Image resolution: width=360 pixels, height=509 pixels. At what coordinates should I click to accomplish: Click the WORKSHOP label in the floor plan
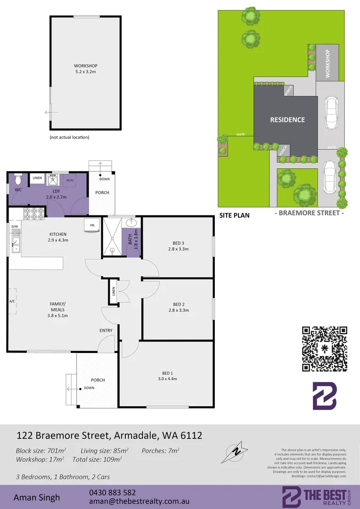coord(85,66)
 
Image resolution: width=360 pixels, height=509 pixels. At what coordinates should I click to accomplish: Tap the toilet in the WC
coord(18,180)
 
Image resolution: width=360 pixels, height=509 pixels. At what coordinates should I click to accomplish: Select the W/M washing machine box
coord(70,180)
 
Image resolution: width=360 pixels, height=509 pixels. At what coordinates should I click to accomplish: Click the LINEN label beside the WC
coord(36,178)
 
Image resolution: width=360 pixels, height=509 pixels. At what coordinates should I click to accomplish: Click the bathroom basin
coord(132,222)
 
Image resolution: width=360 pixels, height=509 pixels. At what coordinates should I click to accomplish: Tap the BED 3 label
coord(178,243)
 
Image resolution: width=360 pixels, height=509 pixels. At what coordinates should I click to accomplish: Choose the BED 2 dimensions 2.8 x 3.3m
coord(178,310)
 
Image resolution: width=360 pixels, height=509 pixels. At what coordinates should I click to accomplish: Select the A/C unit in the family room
coord(13,301)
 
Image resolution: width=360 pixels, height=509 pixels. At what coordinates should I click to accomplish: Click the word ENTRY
coord(106,330)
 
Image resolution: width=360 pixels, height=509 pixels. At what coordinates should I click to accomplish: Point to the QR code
coord(324,349)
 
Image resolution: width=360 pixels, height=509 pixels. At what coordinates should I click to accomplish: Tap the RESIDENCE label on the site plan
coord(287,120)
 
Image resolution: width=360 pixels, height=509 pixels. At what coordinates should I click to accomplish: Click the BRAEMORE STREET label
coord(309,213)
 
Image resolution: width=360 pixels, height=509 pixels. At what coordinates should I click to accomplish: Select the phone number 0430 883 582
coord(112,492)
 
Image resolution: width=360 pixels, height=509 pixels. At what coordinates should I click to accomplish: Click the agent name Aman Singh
coord(36,497)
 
